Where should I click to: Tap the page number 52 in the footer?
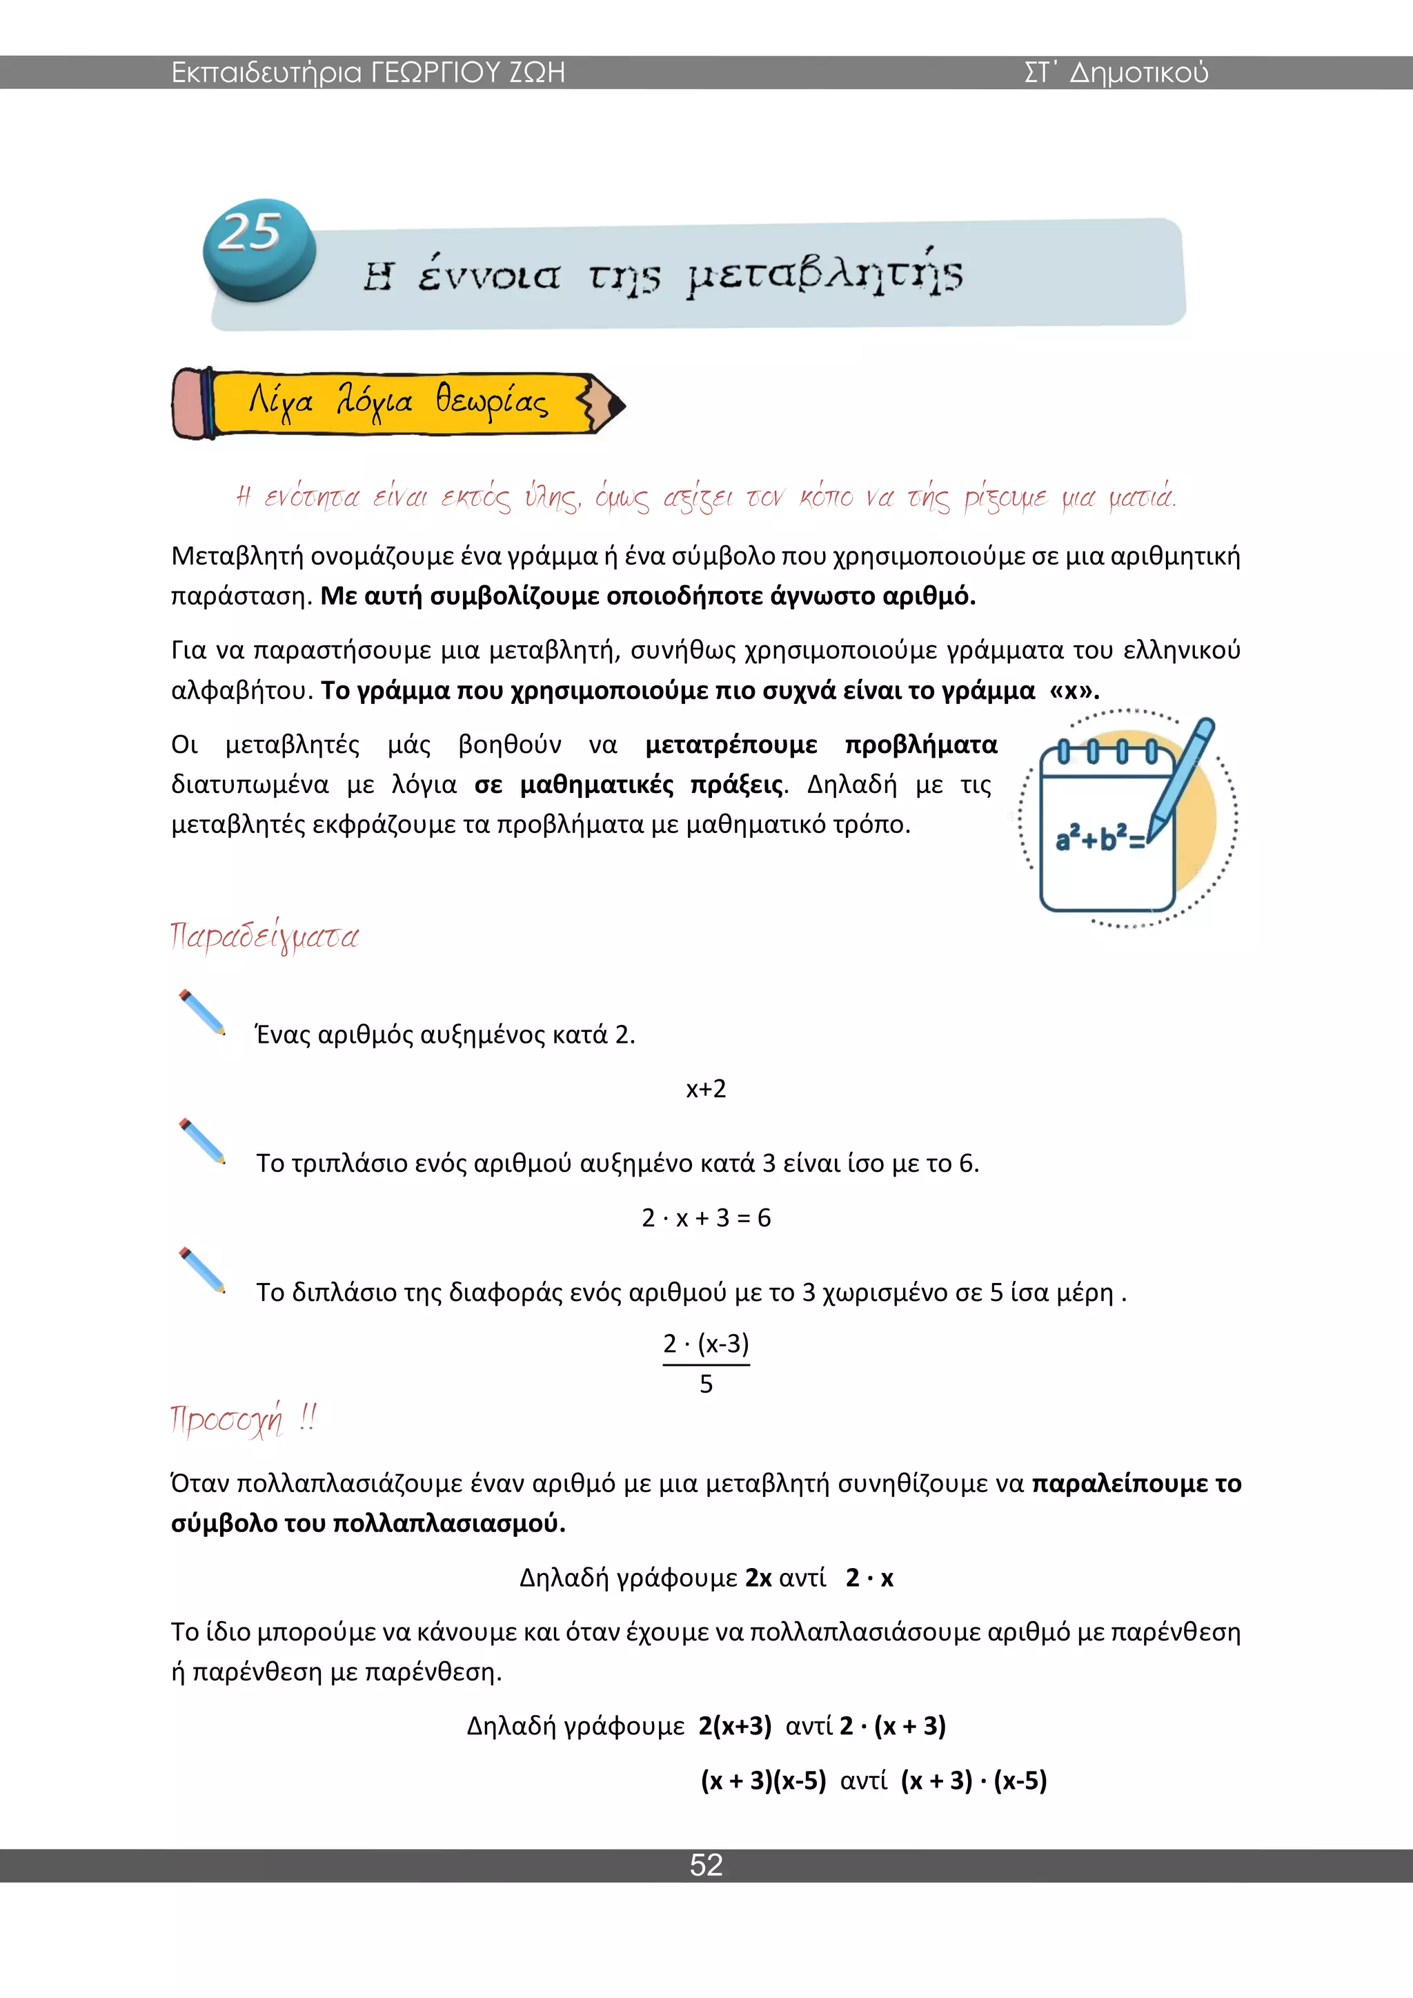tap(706, 1864)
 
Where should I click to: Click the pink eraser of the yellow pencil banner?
tap(188, 403)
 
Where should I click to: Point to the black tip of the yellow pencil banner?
tap(616, 404)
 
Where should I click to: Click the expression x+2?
tap(706, 1088)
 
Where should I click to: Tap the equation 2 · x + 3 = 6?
tap(706, 1217)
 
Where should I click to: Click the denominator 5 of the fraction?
tap(706, 1384)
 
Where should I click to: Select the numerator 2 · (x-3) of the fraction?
tap(706, 1343)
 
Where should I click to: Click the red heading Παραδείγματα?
tap(264, 937)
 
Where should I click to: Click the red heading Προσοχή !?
tap(244, 1420)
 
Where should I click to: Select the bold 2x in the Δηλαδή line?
tap(758, 1578)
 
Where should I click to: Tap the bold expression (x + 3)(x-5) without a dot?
tap(763, 1781)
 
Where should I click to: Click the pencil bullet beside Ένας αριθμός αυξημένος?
tap(202, 1012)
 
